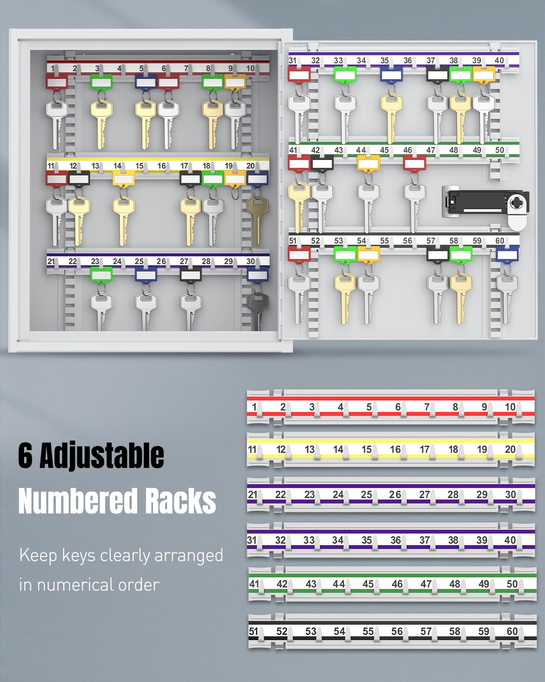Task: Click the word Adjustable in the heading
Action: (x=102, y=456)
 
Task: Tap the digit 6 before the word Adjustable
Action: (x=25, y=456)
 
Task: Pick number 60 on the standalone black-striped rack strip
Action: (x=512, y=631)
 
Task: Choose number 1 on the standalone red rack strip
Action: (x=254, y=406)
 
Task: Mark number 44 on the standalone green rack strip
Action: (x=338, y=584)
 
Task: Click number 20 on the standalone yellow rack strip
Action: (x=510, y=449)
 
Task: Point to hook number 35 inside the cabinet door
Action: (x=384, y=60)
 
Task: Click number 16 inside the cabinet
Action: (x=162, y=166)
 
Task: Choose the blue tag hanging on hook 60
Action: (x=507, y=254)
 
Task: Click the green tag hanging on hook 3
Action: (x=101, y=82)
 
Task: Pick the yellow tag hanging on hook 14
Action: (x=124, y=179)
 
